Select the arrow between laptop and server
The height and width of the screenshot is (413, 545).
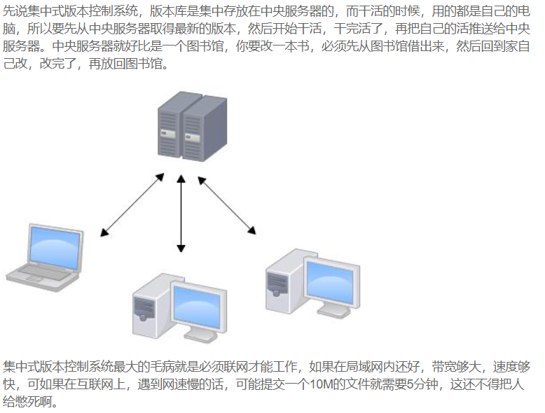coord(132,204)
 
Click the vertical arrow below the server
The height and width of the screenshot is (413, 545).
coord(181,213)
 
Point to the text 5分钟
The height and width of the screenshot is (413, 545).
coord(423,385)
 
